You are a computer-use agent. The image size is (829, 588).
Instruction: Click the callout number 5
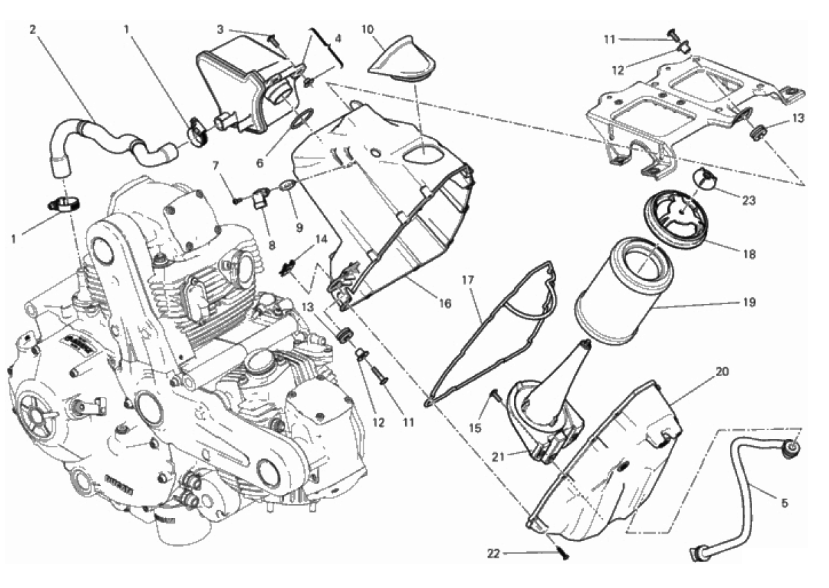click(783, 503)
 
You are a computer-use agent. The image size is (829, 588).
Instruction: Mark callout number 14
click(321, 239)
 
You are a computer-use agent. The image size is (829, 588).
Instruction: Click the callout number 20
click(722, 371)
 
